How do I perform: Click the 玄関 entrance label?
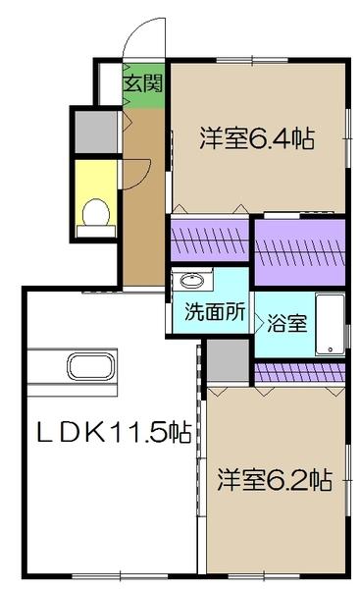(x=142, y=82)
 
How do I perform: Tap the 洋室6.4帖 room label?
(x=258, y=139)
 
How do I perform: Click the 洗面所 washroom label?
(x=209, y=316)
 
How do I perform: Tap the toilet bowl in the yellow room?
(x=95, y=212)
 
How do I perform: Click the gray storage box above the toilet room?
(x=94, y=130)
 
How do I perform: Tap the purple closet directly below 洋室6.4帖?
(x=208, y=239)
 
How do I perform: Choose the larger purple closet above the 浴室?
(x=298, y=252)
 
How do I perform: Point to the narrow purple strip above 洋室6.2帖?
(x=299, y=371)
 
